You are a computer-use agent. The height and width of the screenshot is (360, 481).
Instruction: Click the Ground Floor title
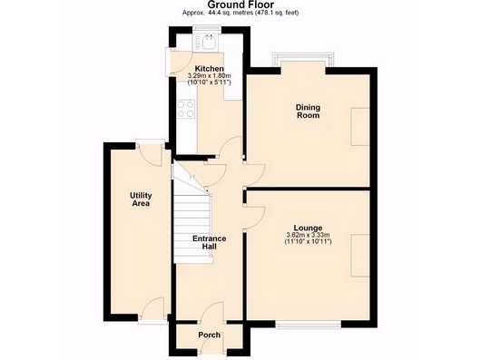(x=240, y=5)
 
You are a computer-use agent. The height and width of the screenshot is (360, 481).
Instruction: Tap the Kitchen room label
(x=210, y=68)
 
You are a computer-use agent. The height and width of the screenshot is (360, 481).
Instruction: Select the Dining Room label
(x=308, y=112)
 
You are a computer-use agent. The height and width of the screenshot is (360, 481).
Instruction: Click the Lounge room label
(x=308, y=228)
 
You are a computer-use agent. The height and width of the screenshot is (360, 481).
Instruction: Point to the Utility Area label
(x=141, y=199)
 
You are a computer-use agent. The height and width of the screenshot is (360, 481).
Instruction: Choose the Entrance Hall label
(x=210, y=242)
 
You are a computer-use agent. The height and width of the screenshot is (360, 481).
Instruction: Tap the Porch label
(x=210, y=335)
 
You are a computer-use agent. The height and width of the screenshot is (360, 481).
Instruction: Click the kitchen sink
(x=209, y=43)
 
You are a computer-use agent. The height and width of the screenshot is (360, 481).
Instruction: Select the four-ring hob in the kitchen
(x=186, y=109)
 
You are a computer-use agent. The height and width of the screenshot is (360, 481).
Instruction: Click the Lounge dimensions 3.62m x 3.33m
(x=308, y=235)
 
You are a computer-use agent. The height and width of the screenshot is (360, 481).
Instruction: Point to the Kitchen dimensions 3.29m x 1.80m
(x=210, y=75)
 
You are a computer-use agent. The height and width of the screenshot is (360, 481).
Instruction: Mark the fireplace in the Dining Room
(x=360, y=127)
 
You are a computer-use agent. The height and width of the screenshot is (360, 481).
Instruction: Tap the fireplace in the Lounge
(x=360, y=256)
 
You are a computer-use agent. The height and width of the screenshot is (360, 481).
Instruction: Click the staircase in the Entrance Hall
(x=193, y=228)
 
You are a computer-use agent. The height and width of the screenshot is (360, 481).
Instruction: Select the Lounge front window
(x=309, y=325)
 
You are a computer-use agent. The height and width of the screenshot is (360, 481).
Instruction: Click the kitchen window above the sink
(x=207, y=28)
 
